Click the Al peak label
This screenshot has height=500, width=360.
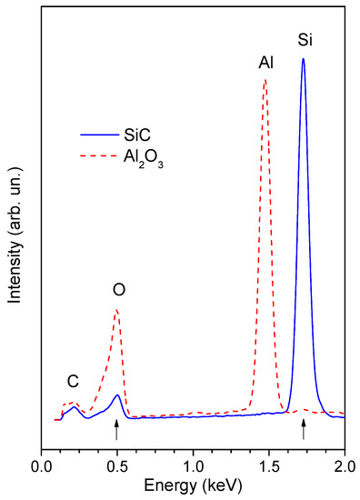point(265,63)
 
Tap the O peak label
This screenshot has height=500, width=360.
point(118,290)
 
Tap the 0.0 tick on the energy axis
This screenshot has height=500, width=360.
point(42,465)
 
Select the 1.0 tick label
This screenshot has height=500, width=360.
point(194,465)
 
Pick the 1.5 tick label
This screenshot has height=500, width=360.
point(269,465)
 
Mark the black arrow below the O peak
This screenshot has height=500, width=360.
point(116,433)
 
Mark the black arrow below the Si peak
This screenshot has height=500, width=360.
point(304,433)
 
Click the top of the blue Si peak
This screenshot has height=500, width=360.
point(303,59)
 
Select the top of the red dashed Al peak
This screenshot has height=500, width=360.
point(265,80)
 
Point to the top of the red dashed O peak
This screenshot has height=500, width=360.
point(116,310)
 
